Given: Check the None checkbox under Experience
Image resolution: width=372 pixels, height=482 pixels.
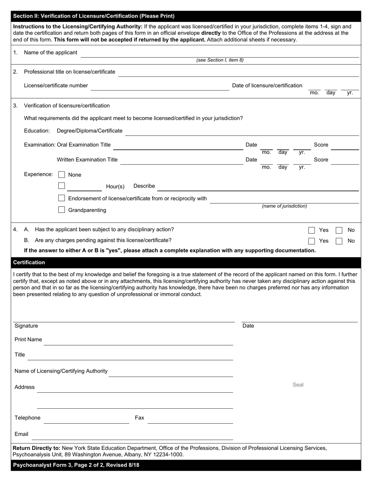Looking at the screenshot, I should pyautogui.click(x=61, y=174).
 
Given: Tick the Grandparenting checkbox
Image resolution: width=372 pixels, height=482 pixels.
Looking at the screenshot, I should pyautogui.click(x=61, y=210).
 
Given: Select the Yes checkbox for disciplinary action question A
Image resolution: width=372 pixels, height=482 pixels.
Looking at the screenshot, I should pyautogui.click(x=311, y=230).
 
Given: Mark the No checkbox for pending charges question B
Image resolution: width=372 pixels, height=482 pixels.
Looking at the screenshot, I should pyautogui.click(x=339, y=241).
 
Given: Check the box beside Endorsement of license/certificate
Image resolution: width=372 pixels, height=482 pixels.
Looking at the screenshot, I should pyautogui.click(x=61, y=198).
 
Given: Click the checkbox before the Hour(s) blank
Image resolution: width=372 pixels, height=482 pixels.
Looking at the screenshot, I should pyautogui.click(x=61, y=186).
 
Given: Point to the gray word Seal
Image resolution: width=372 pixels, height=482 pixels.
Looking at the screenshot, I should pyautogui.click(x=298, y=385).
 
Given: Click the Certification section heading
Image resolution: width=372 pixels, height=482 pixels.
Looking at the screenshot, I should pyautogui.click(x=29, y=263).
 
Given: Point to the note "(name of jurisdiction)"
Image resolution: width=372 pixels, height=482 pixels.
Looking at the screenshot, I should pyautogui.click(x=284, y=206).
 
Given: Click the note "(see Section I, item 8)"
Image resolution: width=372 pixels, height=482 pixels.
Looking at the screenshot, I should pyautogui.click(x=220, y=60).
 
